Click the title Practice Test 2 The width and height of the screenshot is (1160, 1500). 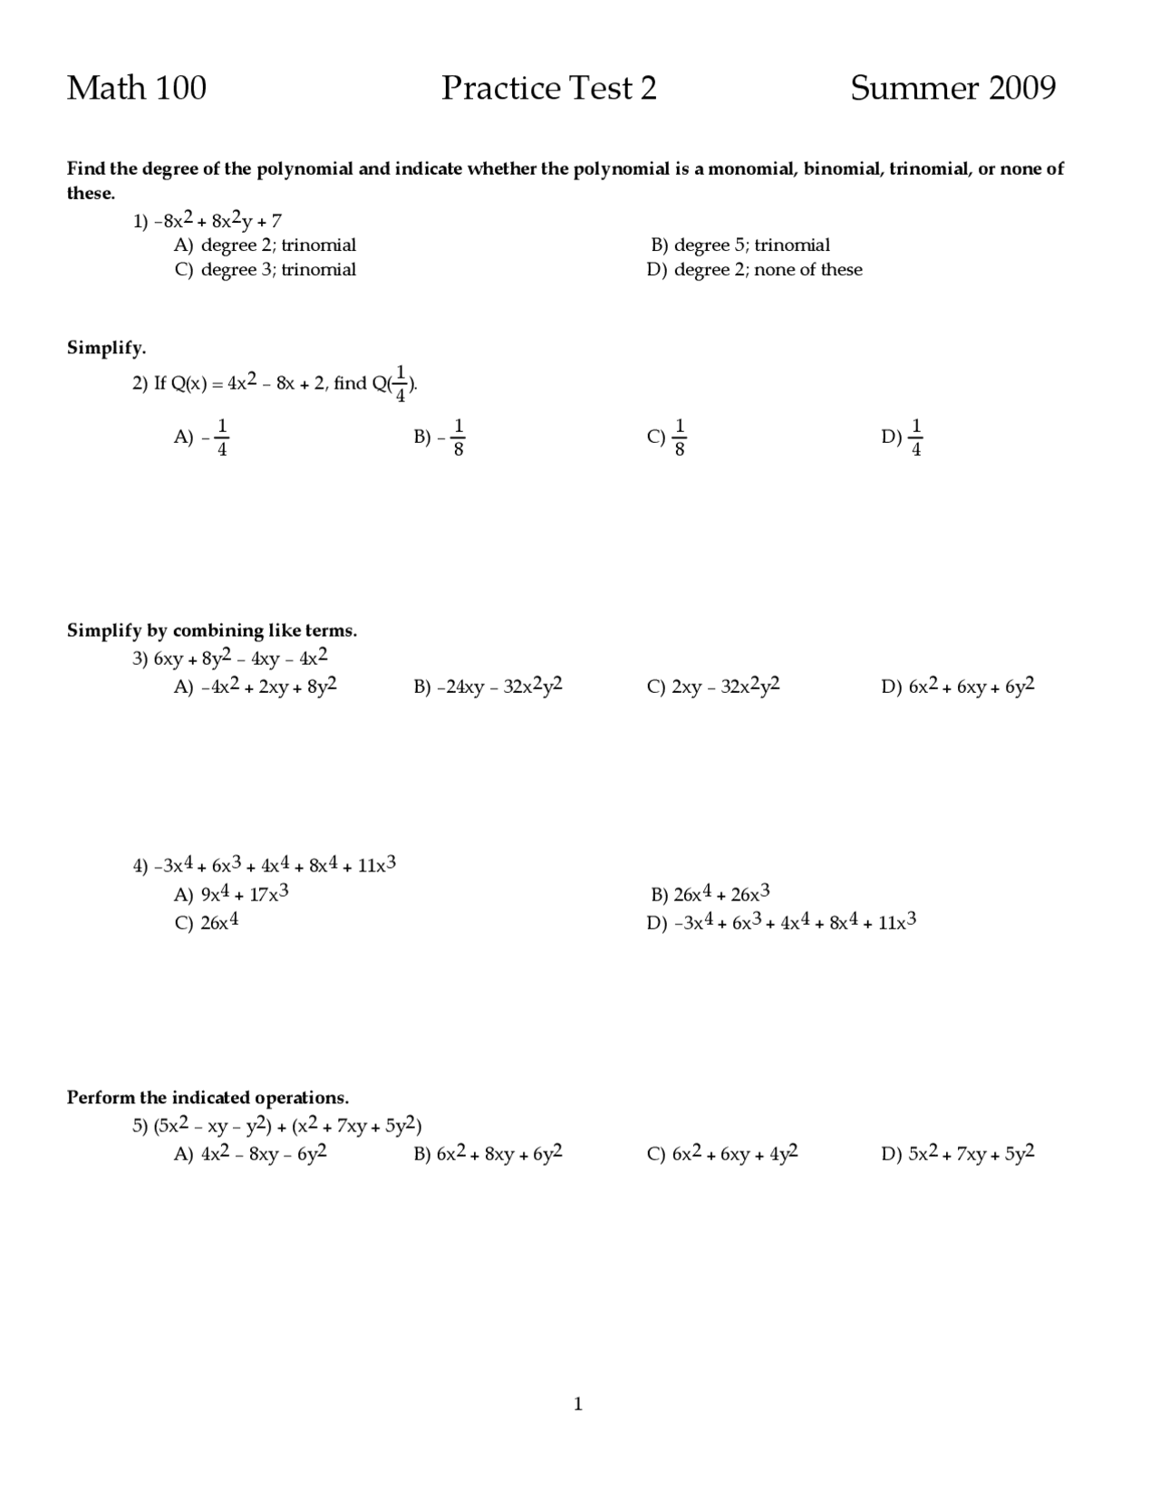click(x=548, y=88)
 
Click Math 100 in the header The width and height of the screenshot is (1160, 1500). click(x=137, y=88)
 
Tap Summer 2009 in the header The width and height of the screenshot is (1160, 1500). click(x=952, y=88)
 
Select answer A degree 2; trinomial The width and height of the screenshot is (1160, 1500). click(x=265, y=245)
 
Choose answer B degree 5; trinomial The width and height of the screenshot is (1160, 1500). click(x=739, y=245)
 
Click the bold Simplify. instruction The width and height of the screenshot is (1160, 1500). click(x=106, y=349)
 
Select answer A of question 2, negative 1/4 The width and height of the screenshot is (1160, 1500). click(x=201, y=437)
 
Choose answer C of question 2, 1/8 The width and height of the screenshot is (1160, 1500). click(x=667, y=437)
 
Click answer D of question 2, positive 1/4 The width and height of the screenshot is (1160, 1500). click(x=903, y=437)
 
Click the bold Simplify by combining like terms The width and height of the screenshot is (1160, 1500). click(x=212, y=630)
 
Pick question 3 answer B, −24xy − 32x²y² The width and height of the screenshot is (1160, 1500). click(x=488, y=687)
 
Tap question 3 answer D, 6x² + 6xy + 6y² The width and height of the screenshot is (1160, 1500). click(x=958, y=687)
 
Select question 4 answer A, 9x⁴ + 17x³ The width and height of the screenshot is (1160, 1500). click(x=231, y=895)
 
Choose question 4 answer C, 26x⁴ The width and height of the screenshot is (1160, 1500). click(x=207, y=923)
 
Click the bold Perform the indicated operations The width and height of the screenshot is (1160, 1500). click(x=208, y=1098)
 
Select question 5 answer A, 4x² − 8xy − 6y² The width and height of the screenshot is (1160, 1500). click(x=250, y=1154)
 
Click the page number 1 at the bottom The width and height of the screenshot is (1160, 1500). click(x=578, y=1405)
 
